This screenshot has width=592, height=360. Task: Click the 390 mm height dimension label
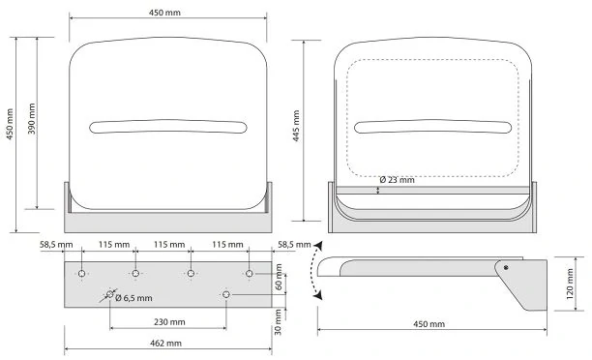pos(32,119)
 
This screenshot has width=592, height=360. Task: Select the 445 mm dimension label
pos(296,126)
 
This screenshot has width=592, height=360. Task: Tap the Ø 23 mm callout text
pos(397,180)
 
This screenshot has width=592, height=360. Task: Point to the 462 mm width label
pos(165,343)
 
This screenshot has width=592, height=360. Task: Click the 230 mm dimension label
pos(169,322)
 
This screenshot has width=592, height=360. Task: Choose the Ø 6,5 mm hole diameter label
pos(133,298)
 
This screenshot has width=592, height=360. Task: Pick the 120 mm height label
pos(570,284)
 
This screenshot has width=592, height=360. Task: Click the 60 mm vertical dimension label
pos(279,277)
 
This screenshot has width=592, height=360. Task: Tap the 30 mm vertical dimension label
pos(278,322)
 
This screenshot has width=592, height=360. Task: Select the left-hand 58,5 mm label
pos(56,245)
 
